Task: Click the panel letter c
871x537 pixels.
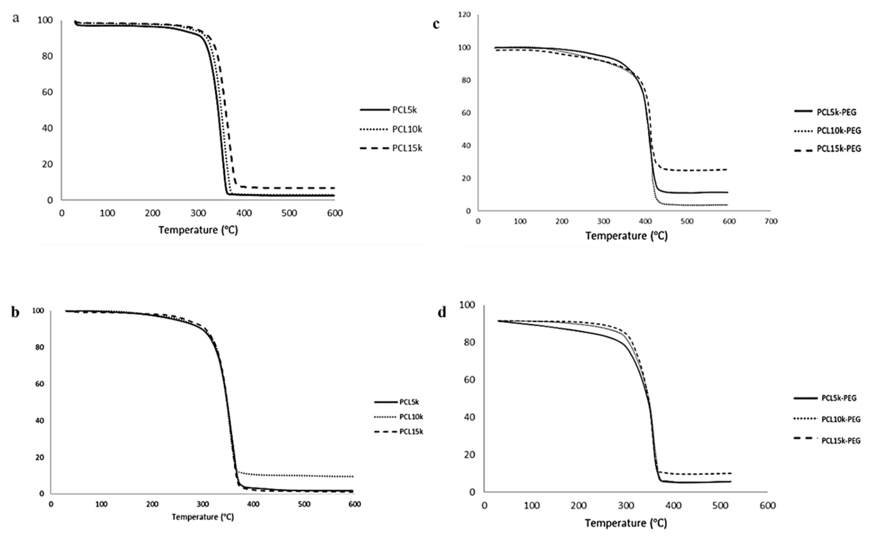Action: click(436, 24)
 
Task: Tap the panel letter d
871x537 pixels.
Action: click(442, 313)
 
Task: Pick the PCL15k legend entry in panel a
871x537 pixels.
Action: click(407, 148)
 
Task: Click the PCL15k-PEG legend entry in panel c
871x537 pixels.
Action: click(839, 149)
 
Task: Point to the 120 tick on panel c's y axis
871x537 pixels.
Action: click(464, 14)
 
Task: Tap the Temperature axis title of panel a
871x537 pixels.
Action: click(198, 230)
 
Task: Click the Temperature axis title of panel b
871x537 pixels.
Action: click(203, 517)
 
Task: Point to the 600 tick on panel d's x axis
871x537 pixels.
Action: click(767, 506)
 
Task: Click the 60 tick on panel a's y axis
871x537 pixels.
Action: click(47, 92)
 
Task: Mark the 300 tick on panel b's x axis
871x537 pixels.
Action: click(203, 504)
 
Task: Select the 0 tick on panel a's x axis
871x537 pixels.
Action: click(62, 213)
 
